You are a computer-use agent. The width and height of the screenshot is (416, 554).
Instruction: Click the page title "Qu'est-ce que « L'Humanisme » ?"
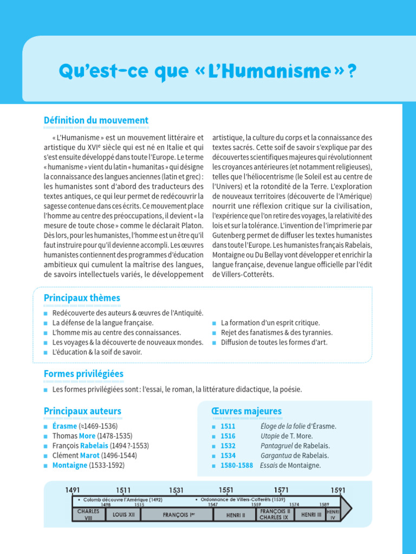tap(207, 71)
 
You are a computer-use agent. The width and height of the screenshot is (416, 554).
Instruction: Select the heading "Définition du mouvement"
tap(96, 120)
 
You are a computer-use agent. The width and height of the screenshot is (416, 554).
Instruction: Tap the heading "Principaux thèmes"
tap(82, 298)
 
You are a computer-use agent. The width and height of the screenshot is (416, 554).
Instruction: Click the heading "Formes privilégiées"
tap(83, 374)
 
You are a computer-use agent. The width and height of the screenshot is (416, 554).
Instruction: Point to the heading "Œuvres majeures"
tap(246, 411)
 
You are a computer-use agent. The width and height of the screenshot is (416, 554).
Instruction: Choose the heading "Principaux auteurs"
tap(82, 411)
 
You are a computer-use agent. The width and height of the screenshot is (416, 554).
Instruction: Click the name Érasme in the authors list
tap(64, 426)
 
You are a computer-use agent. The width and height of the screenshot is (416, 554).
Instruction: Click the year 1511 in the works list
tap(228, 426)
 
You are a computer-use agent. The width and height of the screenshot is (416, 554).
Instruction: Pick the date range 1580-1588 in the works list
tap(237, 465)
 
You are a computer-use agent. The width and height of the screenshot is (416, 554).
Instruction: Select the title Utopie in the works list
tap(270, 436)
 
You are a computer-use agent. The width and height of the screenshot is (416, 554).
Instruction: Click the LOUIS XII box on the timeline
tap(123, 515)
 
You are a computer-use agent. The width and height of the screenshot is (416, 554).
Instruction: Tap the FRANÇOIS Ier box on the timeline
tap(179, 515)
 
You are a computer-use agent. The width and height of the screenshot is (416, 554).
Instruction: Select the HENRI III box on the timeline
tap(311, 515)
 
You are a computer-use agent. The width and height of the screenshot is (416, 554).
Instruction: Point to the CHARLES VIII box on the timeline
tap(88, 515)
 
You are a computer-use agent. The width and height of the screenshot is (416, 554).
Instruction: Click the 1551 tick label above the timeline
tap(226, 490)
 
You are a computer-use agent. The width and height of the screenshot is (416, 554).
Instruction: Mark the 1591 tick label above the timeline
tap(338, 490)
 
